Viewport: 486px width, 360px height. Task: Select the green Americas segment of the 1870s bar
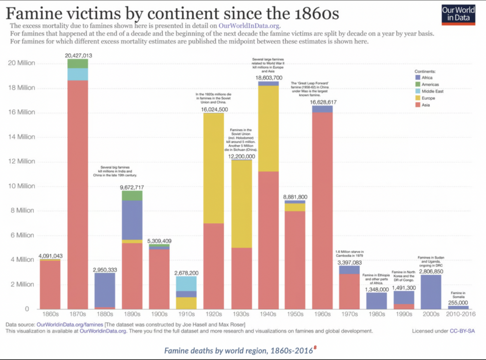pos(77,64)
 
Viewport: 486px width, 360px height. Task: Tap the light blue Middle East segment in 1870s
pos(77,74)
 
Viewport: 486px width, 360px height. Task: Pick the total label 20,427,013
pos(78,56)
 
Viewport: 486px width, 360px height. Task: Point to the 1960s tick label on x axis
pos(322,314)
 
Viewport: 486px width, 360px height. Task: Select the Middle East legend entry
pos(432,91)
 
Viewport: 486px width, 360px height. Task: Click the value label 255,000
pos(458,302)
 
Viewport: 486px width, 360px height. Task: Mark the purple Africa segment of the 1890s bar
pos(132,220)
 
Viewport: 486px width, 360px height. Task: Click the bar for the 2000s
pos(431,292)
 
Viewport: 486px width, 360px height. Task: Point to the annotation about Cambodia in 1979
pos(349,253)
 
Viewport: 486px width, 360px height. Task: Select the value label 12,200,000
pos(241,156)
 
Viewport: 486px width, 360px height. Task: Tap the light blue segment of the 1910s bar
pos(187,284)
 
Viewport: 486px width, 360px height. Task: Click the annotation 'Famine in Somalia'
pos(458,294)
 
